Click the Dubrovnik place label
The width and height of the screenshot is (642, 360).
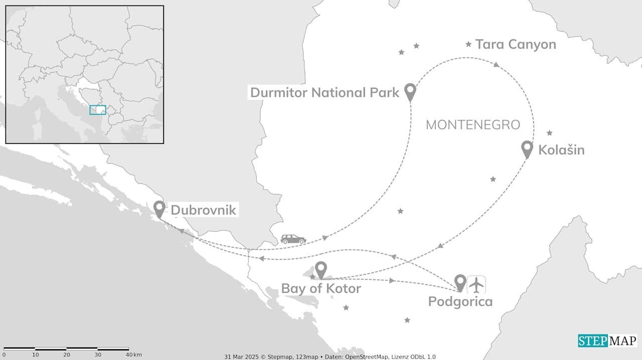click(x=203, y=210)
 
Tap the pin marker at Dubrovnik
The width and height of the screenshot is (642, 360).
click(x=159, y=208)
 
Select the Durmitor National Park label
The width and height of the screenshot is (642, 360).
click(x=325, y=92)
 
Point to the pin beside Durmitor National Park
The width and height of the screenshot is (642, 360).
click(x=410, y=91)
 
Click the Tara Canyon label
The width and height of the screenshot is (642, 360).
click(x=516, y=44)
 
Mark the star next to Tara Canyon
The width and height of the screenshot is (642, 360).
click(x=468, y=44)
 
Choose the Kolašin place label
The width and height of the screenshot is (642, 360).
click(x=561, y=150)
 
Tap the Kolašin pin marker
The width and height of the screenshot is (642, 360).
click(x=527, y=148)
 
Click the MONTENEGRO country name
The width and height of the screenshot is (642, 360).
click(x=472, y=125)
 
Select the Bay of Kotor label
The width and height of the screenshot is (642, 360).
click(x=321, y=288)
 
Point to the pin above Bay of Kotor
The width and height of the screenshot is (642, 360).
click(x=321, y=269)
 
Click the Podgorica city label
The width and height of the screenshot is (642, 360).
click(x=460, y=302)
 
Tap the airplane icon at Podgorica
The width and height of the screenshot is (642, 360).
click(x=476, y=284)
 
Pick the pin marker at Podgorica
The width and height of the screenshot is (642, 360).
click(x=460, y=282)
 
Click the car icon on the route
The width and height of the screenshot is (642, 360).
click(x=293, y=239)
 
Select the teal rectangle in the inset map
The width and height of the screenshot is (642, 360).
click(x=97, y=110)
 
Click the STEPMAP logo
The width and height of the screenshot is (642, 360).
click(x=607, y=341)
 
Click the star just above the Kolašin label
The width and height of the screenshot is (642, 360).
click(x=549, y=133)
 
